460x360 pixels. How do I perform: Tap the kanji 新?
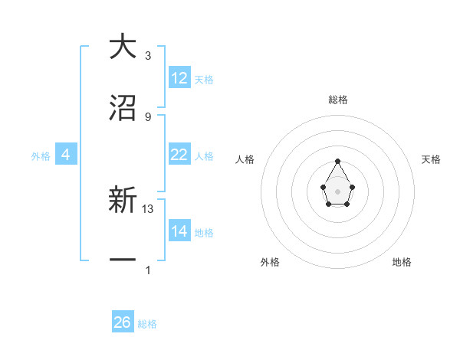coord(123,200)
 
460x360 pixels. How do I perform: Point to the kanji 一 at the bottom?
coord(123,260)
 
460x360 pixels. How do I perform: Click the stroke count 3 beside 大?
coord(148,56)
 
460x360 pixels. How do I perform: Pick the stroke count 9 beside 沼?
coord(148,117)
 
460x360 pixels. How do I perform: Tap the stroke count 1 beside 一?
coord(148,270)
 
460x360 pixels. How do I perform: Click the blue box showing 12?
coord(179,78)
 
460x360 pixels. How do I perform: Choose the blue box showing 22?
coord(179,155)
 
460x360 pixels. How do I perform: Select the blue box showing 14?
coord(179,231)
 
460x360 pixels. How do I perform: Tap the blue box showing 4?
coord(66,155)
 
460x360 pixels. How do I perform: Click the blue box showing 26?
coord(123,322)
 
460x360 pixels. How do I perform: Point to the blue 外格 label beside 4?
coord(41,155)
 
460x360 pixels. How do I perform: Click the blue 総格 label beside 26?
coord(147,324)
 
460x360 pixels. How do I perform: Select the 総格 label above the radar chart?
coord(337,100)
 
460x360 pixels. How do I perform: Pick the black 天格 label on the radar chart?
coord(431,159)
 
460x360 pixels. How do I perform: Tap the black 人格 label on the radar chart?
coord(245,159)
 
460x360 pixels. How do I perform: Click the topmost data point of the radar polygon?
coord(337,161)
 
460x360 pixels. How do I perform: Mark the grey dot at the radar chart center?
coord(337,191)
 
